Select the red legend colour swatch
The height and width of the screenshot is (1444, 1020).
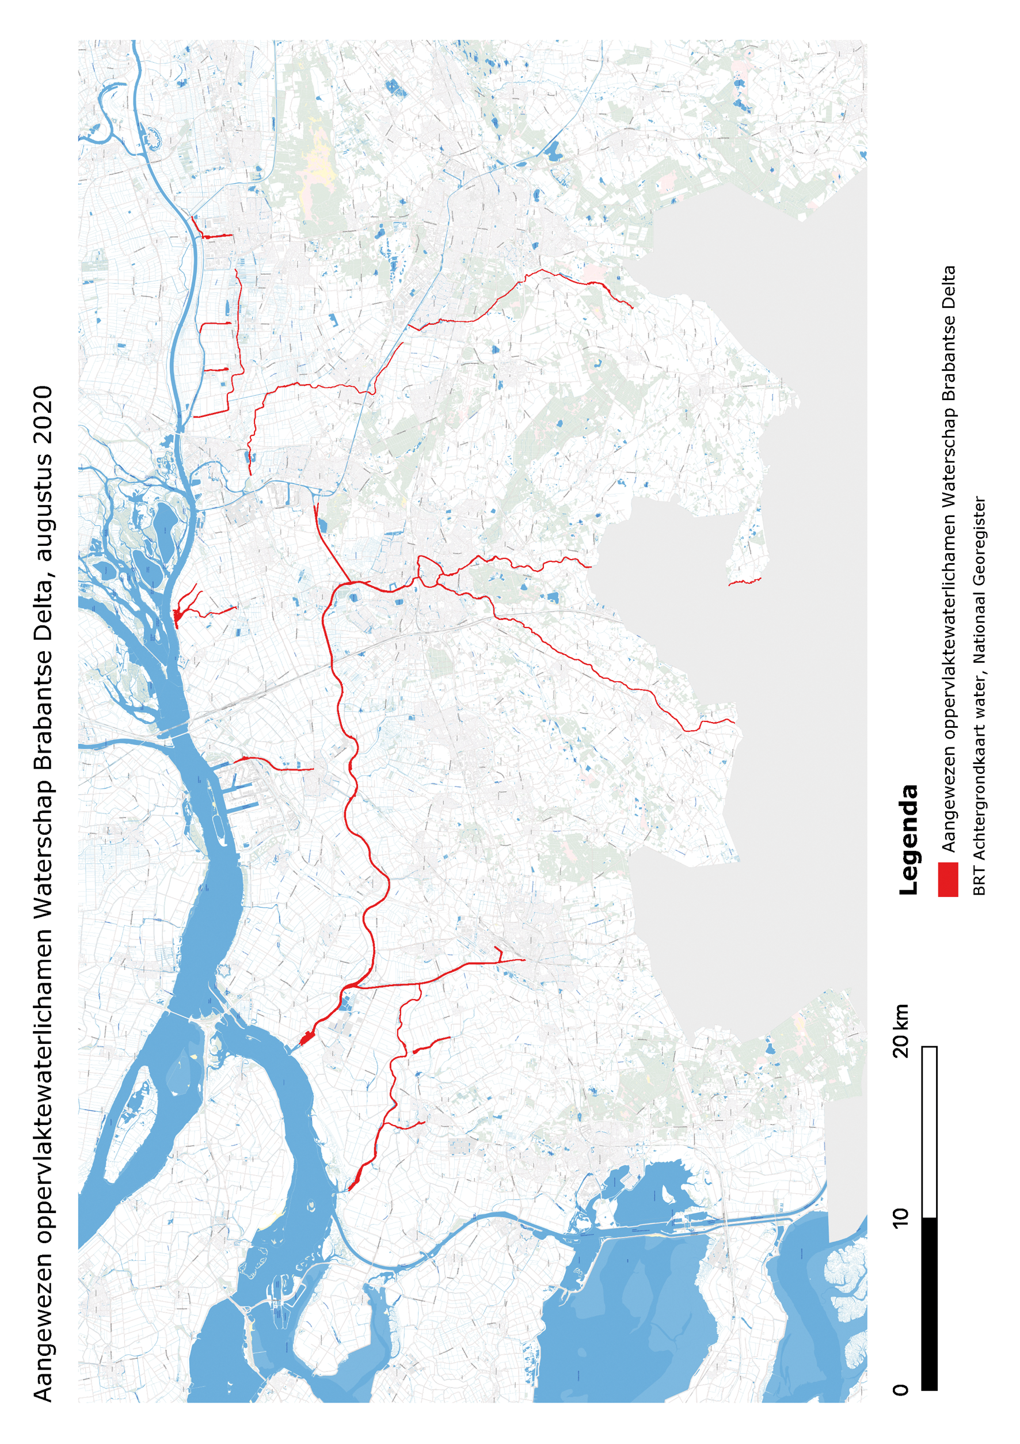(947, 879)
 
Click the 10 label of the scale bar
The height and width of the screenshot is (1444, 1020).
(900, 1217)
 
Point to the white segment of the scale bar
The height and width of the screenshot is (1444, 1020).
(929, 1132)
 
